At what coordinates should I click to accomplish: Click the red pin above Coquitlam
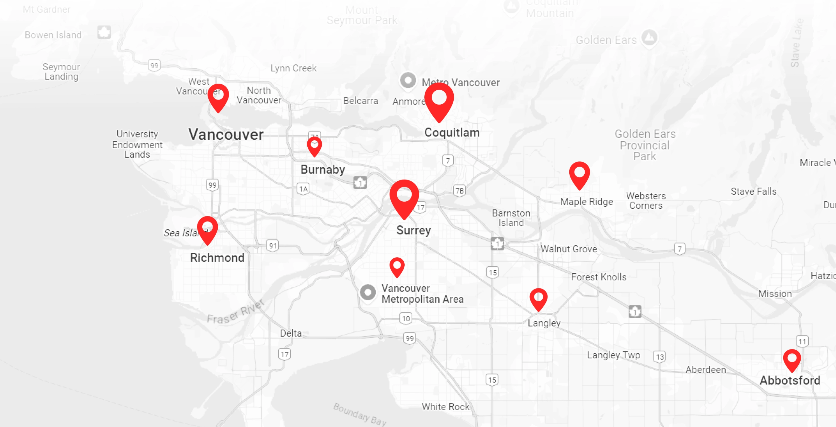[x=439, y=101]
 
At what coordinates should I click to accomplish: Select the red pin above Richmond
[x=207, y=229]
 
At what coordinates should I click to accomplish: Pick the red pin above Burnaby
[x=314, y=146]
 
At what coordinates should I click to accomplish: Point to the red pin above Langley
[x=538, y=299]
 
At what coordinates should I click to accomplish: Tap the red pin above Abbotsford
[x=792, y=360]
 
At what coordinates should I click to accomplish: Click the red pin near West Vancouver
[x=218, y=97]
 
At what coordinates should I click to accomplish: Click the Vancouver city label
[x=226, y=134]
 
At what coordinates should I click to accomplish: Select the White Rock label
[x=445, y=407]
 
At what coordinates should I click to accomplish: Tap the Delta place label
[x=291, y=333]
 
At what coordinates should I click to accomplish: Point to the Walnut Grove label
[x=568, y=249]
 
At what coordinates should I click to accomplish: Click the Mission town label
[x=775, y=293]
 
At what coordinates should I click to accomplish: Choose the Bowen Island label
[x=53, y=35]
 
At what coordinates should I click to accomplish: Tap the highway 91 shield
[x=273, y=246]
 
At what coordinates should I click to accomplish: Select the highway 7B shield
[x=460, y=190]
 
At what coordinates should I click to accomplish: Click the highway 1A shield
[x=303, y=189]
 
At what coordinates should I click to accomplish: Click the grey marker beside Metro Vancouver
[x=408, y=80]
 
